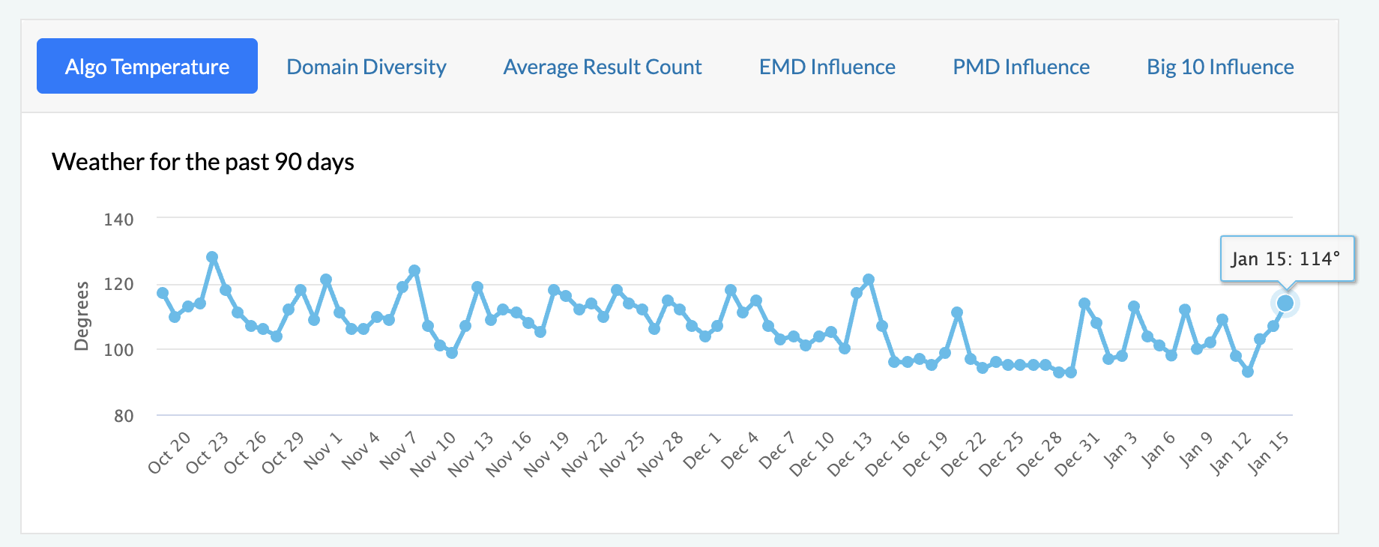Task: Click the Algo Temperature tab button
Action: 147,67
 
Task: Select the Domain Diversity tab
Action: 366,67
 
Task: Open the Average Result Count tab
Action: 603,67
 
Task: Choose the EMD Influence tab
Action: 827,67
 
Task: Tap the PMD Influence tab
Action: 1021,67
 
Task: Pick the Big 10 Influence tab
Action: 1220,67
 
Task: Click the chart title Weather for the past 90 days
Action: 202,162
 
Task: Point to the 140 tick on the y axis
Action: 118,220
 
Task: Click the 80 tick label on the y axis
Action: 124,416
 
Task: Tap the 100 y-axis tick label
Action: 118,350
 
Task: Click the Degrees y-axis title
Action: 81,315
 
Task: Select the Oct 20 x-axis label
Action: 169,453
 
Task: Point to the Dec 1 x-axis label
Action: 702,450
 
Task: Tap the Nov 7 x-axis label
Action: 398,450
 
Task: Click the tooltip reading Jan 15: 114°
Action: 1286,259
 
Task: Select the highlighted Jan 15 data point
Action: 1285,303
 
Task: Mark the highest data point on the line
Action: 212,257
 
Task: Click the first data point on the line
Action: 163,293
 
